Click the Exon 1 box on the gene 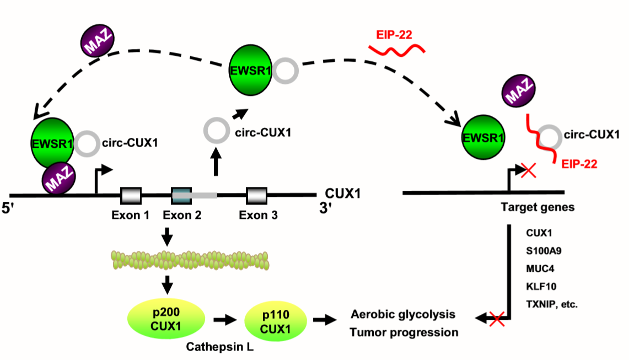[x=131, y=195]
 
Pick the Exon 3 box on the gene [x=256, y=195]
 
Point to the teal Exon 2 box [x=181, y=195]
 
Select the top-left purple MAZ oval [x=98, y=41]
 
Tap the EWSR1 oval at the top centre [x=251, y=69]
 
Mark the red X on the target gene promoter [x=528, y=171]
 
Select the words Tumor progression [x=404, y=332]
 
